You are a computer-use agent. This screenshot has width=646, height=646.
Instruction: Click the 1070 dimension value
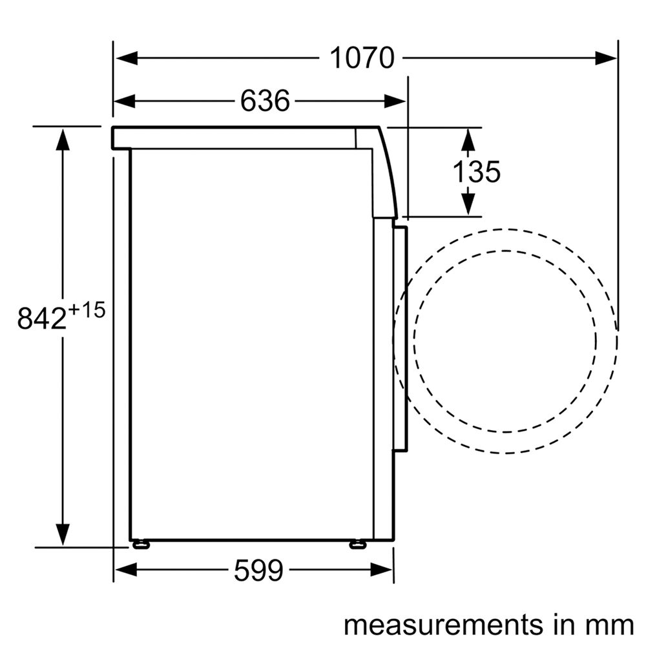pos(362,58)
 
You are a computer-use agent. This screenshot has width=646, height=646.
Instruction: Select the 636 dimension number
pos(265,101)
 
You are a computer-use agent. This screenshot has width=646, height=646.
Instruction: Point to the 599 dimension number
pos(259,570)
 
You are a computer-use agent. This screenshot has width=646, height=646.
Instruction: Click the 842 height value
pos(41,317)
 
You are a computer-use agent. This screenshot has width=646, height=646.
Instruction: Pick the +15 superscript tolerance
pos(87,310)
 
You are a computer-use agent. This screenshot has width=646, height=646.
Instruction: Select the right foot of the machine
pos(359,545)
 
